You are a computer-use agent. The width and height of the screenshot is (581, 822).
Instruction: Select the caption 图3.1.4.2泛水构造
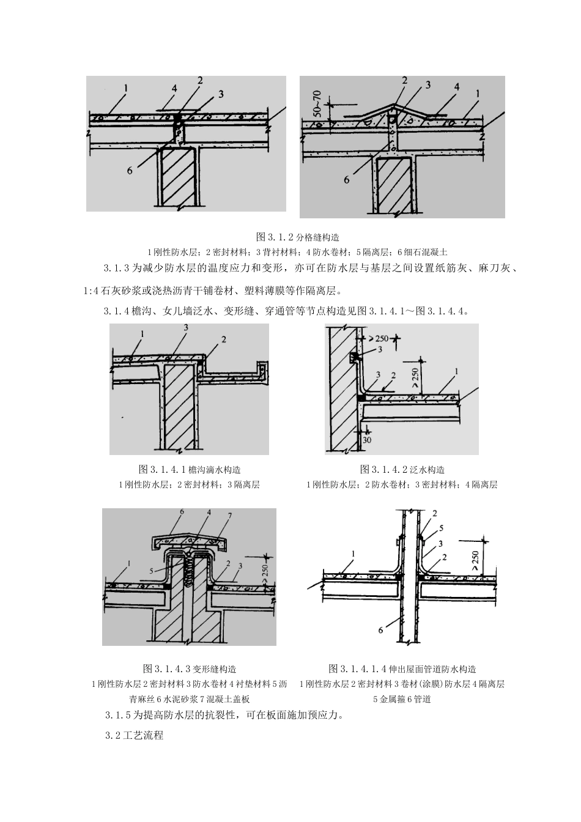coord(402,470)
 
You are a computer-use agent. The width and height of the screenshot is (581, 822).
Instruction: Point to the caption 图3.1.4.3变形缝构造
coord(189,668)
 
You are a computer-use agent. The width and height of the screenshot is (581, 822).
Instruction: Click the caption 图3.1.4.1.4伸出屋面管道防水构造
coord(402,668)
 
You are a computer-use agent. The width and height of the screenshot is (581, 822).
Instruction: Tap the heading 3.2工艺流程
coord(134,735)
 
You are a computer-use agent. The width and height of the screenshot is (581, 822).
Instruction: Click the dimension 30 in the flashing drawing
coord(366,440)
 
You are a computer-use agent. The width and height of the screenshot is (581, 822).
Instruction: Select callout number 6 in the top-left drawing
coord(130,171)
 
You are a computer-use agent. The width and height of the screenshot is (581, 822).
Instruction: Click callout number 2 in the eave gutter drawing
coord(224,339)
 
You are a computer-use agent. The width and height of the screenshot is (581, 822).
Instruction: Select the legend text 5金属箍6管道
coord(402,698)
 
